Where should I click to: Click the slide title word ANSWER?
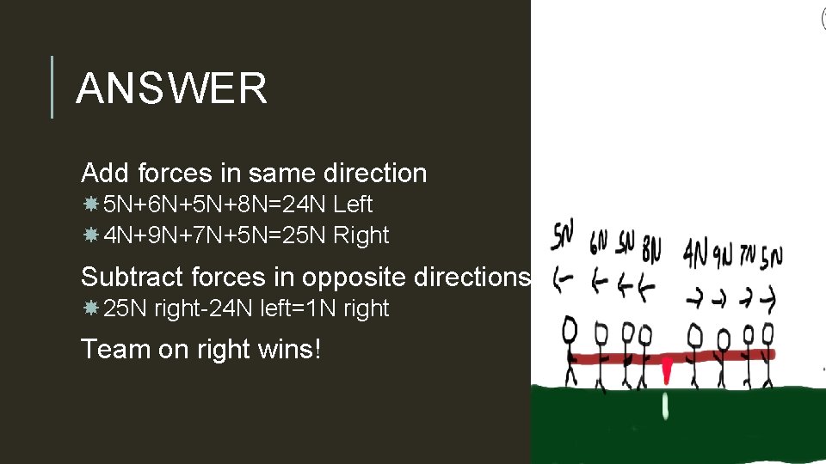click(x=171, y=88)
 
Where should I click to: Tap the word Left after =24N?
click(x=353, y=205)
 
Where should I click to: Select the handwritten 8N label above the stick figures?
click(x=651, y=250)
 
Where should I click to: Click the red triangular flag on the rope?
click(x=666, y=370)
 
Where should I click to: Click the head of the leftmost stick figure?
click(x=569, y=328)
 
